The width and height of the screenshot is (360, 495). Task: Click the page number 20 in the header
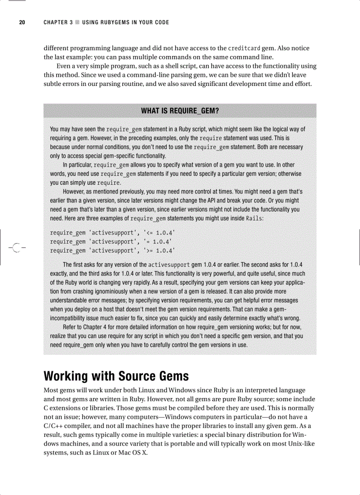tap(21, 22)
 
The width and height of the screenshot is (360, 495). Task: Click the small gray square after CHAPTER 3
tap(77, 22)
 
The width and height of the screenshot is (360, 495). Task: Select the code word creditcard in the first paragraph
tap(245, 48)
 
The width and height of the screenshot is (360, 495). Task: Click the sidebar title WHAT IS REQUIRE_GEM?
tap(180, 111)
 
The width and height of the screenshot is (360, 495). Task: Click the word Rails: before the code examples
tap(255, 219)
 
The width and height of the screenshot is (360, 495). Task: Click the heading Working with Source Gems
tap(116, 376)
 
